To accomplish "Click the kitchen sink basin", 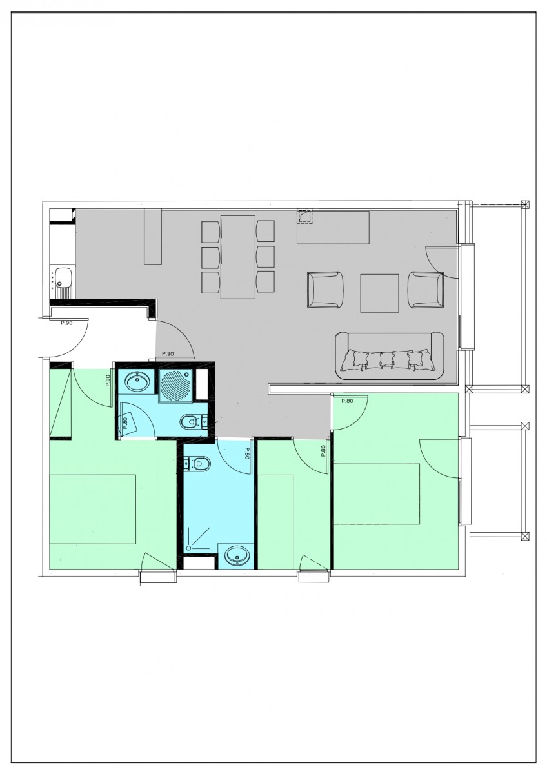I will pos(63,278).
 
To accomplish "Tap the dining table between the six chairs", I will pos(238,257).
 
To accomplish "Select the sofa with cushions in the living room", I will pos(390,355).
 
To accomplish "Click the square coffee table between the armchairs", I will pos(379,292).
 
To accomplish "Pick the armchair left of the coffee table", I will pos(325,291).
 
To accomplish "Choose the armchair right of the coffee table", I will pos(426,291).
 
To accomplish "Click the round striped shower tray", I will pos(175,384).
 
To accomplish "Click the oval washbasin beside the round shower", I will pos(136,382).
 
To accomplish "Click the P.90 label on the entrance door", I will pos(66,322).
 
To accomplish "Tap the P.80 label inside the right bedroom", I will pos(346,401).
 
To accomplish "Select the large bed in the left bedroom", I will pos(93,510).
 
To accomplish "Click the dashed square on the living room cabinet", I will pos(304,216).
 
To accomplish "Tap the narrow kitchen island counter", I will pos(153,236).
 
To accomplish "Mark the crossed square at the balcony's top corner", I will pos(524,205).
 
